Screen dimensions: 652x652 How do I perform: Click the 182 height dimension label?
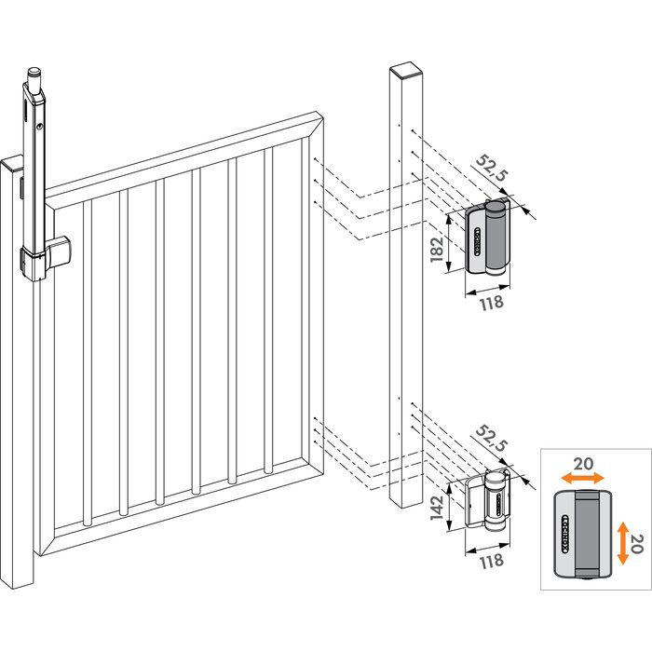[x=438, y=250]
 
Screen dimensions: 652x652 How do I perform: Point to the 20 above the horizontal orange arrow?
[x=582, y=461]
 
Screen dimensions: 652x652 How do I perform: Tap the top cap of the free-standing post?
[x=405, y=71]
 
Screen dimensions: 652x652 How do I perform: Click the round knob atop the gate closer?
[x=34, y=72]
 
